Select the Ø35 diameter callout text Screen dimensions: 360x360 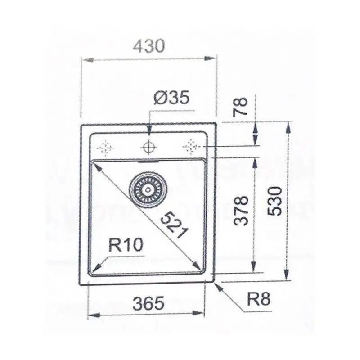(x=172, y=97)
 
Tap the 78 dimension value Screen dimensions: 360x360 (x=240, y=107)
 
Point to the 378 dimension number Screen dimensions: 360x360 (x=241, y=211)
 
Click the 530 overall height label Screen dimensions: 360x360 (x=275, y=201)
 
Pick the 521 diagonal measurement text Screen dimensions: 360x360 (x=174, y=225)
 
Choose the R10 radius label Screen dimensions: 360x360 (x=126, y=245)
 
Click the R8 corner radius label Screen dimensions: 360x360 (x=258, y=299)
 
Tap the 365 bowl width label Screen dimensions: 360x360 (x=149, y=303)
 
